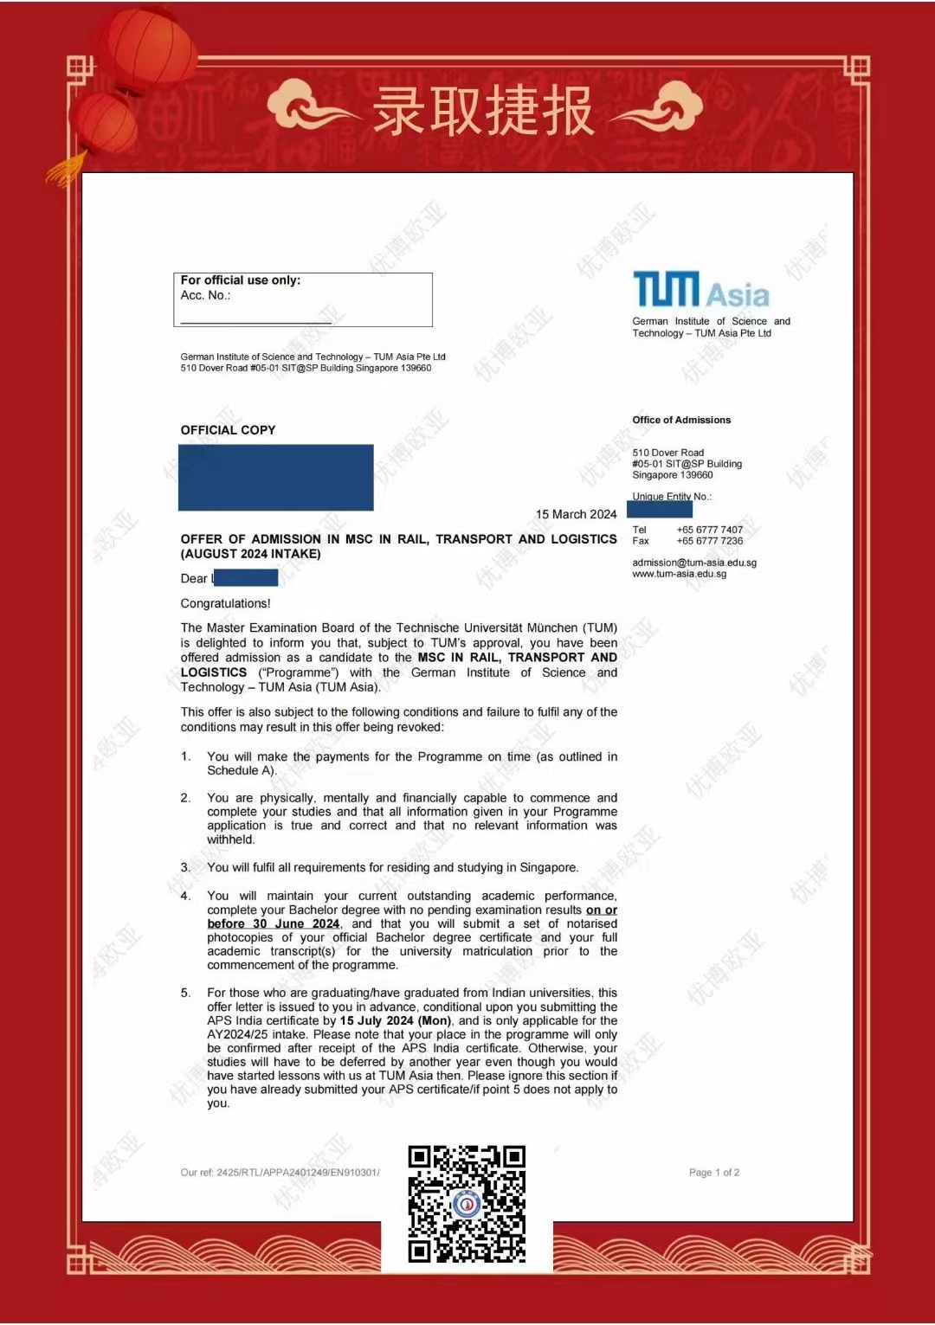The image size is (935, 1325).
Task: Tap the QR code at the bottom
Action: (x=467, y=1203)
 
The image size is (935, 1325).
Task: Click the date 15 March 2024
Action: (x=576, y=514)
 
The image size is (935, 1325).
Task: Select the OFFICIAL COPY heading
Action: (x=228, y=430)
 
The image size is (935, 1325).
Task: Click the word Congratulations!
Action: (x=225, y=603)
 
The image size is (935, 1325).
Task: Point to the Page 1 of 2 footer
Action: (x=714, y=1173)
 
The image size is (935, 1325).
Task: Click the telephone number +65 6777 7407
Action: (x=709, y=530)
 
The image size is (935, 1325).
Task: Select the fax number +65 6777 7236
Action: (x=709, y=541)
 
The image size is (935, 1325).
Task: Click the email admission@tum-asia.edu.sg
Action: (x=694, y=563)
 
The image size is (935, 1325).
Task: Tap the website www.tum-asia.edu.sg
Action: (x=680, y=574)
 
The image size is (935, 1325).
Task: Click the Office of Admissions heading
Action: (x=681, y=420)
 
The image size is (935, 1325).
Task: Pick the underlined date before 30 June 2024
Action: (x=274, y=923)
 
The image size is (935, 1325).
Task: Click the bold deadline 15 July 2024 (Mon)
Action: (x=396, y=1020)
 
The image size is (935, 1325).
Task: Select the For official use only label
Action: (x=241, y=280)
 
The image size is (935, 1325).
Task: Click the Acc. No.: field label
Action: (x=205, y=295)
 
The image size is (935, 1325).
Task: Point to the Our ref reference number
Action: (x=280, y=1173)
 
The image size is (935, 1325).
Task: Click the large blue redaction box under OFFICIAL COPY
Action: (x=275, y=477)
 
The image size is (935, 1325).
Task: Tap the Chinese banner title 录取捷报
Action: (x=483, y=111)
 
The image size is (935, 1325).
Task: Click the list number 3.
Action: (x=185, y=867)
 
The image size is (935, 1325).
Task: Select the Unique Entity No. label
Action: (x=672, y=497)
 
